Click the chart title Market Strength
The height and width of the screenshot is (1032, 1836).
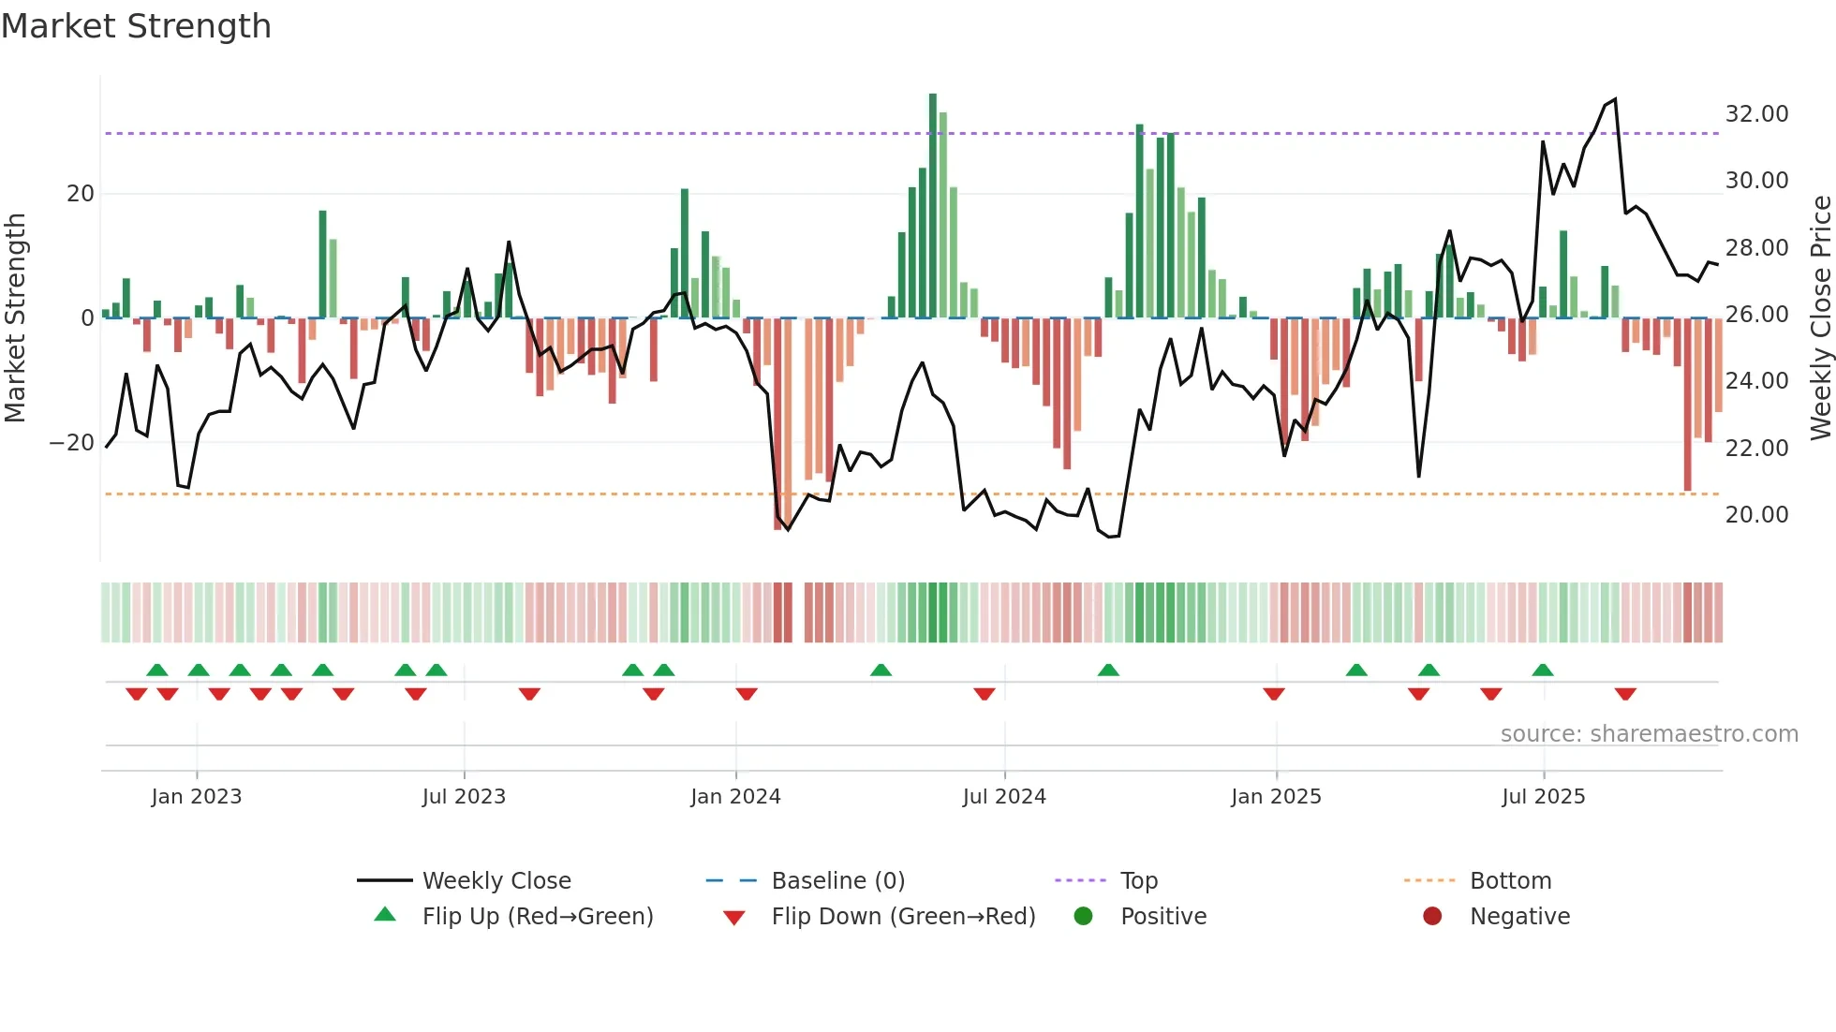coord(137,26)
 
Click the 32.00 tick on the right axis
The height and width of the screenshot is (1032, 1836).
coord(1756,114)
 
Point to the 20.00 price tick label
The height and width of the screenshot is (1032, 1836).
coord(1756,515)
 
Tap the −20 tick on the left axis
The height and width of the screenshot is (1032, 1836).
coord(72,443)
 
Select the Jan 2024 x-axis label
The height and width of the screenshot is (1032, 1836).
coord(735,797)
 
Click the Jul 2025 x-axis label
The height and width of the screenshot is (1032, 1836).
coord(1543,797)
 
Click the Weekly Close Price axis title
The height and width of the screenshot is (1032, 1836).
coord(1820,318)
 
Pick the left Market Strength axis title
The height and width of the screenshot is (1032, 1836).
coord(15,318)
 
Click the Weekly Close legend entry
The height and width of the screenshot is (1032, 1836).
coord(496,881)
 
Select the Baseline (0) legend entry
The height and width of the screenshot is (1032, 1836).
coord(837,881)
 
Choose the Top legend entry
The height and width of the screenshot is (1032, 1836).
coord(1138,881)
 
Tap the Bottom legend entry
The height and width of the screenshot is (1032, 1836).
coord(1510,881)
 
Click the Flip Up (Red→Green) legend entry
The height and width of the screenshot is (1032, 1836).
coord(537,917)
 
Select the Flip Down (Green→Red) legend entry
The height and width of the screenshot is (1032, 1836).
coord(903,917)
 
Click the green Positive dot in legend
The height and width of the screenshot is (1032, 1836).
coord(1084,917)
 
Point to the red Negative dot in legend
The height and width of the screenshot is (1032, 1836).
coord(1432,917)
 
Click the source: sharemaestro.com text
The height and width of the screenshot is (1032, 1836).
coord(1649,734)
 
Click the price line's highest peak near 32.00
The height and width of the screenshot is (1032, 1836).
coord(1615,100)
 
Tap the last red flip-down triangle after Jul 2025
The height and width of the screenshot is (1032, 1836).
coord(1625,694)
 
